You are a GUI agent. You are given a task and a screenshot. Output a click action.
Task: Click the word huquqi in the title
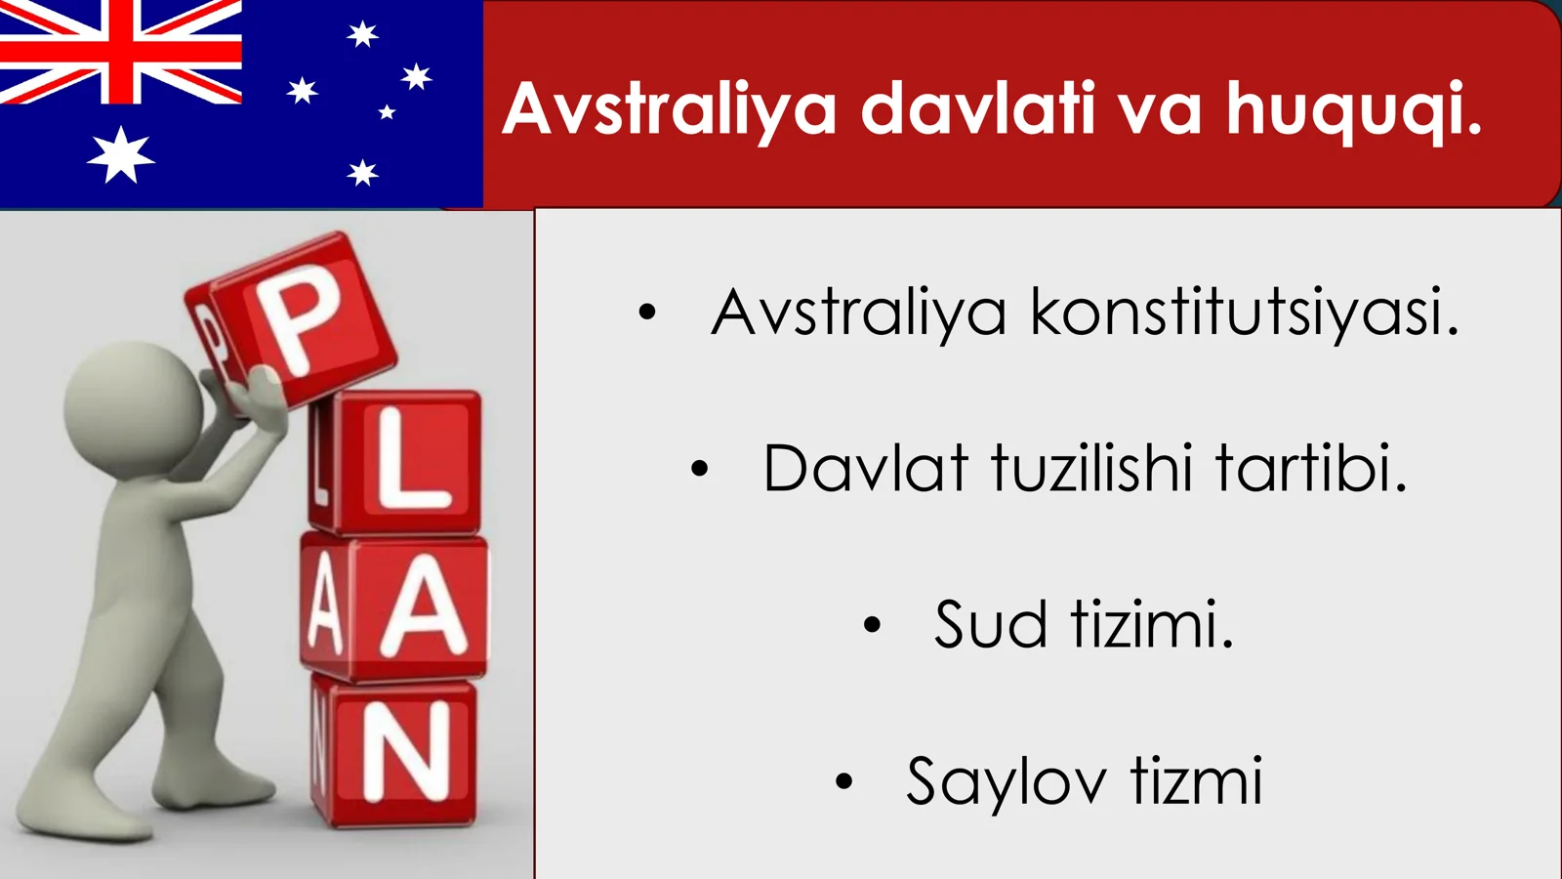1354,109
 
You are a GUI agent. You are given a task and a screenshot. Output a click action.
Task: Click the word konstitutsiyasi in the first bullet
1245,313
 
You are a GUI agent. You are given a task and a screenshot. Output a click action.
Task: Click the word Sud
990,625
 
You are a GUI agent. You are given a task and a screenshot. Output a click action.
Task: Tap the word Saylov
1006,781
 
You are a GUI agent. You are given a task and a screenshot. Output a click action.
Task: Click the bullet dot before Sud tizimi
872,625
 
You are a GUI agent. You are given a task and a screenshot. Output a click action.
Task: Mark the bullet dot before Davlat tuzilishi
699,469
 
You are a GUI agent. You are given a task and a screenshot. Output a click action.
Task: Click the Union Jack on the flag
120,51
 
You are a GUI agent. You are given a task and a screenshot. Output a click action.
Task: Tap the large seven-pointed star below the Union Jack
121,155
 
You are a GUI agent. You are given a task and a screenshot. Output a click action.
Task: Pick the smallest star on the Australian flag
387,112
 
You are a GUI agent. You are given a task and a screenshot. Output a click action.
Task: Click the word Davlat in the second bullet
865,469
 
